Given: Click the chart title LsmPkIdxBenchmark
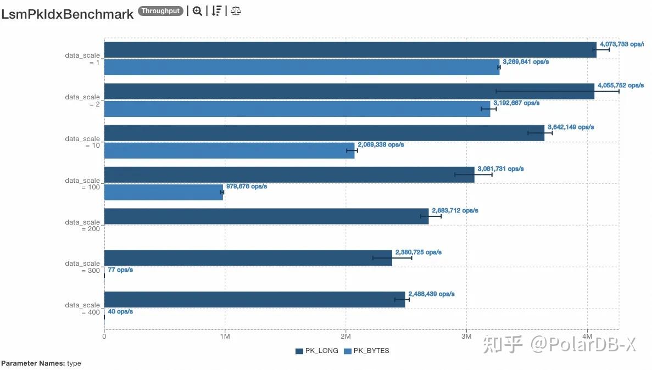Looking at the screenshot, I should [68, 14].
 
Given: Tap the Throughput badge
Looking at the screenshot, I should [160, 11].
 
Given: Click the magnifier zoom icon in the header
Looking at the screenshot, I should [197, 11].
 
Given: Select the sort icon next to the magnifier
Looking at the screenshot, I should [216, 11].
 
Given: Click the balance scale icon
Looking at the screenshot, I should [236, 11].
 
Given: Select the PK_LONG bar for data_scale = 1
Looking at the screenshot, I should [350, 50].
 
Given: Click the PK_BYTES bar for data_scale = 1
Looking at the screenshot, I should [302, 67].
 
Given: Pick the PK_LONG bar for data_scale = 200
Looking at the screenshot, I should [266, 216].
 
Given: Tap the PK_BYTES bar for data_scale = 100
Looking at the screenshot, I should [163, 192].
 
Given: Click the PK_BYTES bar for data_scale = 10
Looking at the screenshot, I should [229, 150].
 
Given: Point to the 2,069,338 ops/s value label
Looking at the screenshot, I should [381, 145].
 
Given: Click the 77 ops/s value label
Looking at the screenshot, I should [120, 270].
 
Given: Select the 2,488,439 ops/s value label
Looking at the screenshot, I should [431, 294].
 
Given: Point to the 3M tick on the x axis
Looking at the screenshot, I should [466, 336].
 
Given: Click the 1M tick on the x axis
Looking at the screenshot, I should [224, 336].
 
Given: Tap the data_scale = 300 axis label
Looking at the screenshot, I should [83, 267].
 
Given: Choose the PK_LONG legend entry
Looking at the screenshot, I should [316, 351].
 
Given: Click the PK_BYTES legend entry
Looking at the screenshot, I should [366, 351].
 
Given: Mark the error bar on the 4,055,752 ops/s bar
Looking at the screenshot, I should [558, 91].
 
